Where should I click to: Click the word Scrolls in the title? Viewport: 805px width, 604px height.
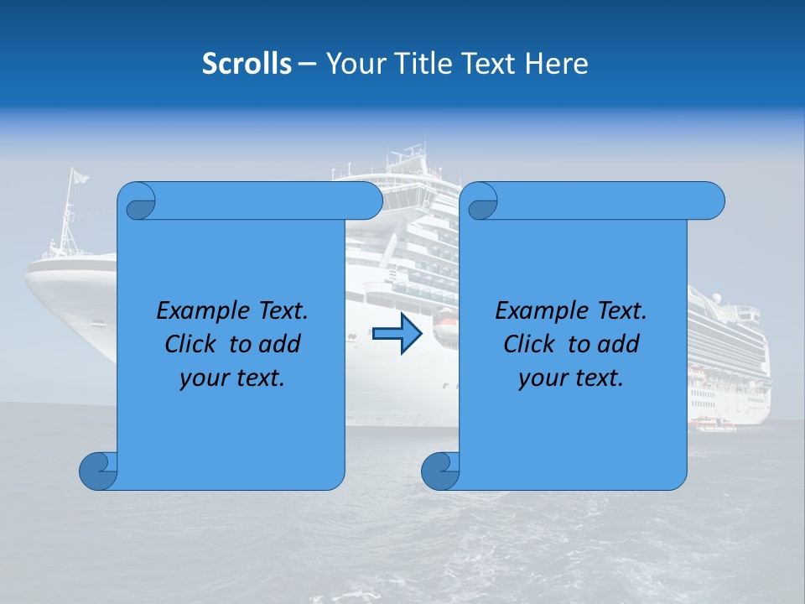point(247,64)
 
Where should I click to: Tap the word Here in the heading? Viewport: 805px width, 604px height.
point(557,64)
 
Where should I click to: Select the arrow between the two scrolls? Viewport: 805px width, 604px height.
point(397,334)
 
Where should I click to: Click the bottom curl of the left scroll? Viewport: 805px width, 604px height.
point(99,471)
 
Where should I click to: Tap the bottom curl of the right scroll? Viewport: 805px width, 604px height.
point(440,471)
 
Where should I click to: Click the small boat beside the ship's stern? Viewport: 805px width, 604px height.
point(713,424)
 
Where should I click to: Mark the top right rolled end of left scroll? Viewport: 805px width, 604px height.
point(369,200)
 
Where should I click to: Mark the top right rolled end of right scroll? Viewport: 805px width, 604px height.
point(711,200)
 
